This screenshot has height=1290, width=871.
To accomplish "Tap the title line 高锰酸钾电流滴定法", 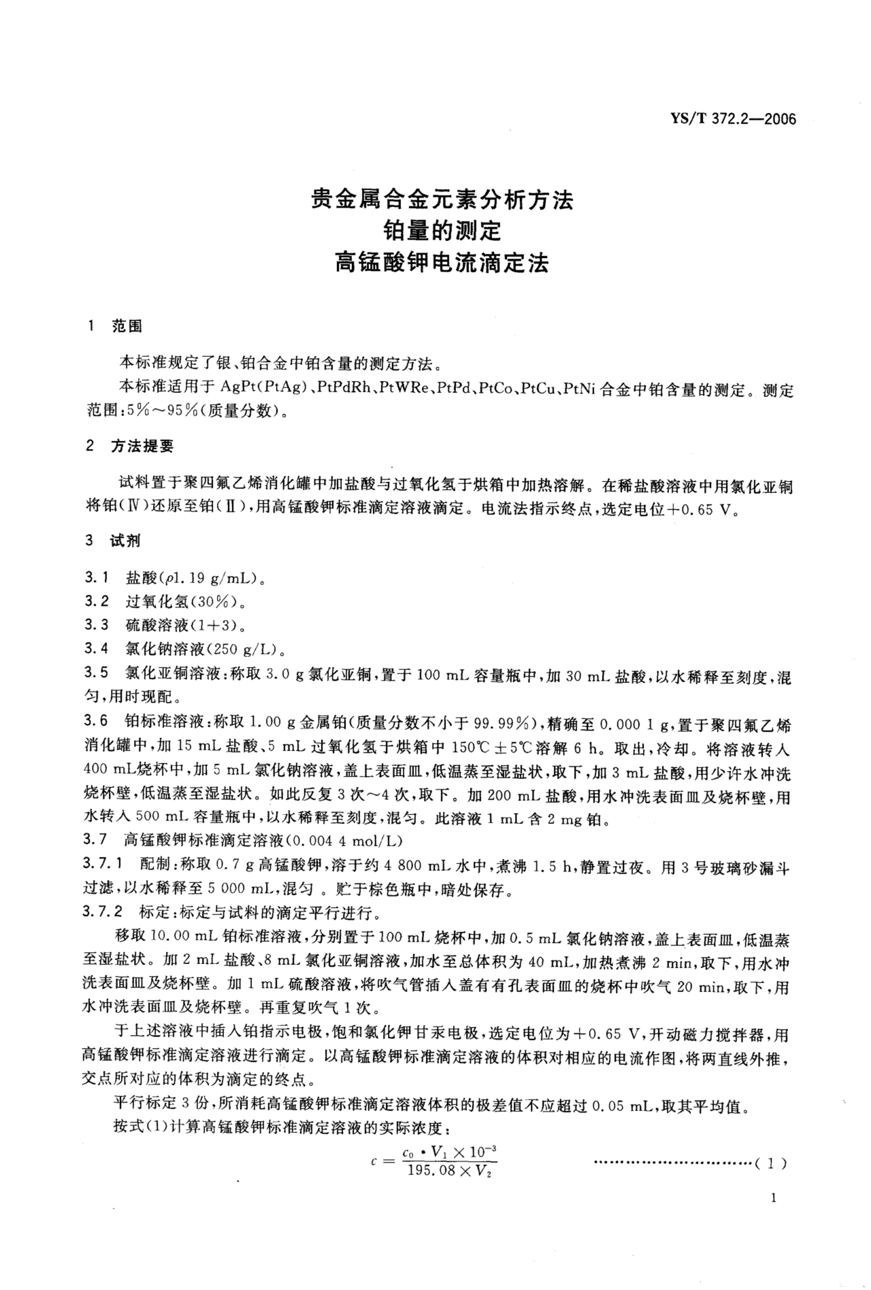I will tap(441, 263).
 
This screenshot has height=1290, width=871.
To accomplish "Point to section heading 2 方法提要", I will tap(130, 446).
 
